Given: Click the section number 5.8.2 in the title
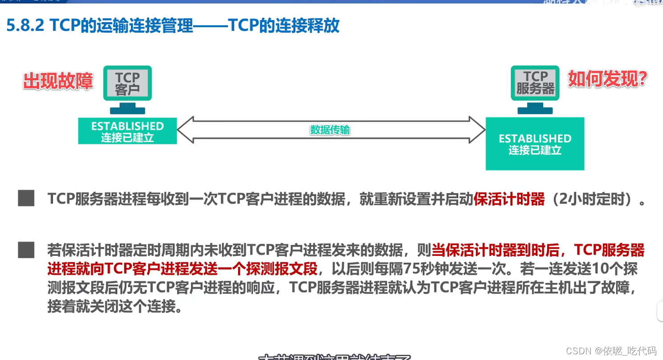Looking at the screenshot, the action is click(25, 26).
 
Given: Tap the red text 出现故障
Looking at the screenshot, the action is click(58, 81).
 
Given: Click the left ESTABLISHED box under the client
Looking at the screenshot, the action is click(127, 131).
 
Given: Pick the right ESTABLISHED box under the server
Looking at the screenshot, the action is click(535, 144).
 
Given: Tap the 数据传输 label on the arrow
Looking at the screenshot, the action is click(330, 130).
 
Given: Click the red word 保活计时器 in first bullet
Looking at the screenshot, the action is click(509, 199).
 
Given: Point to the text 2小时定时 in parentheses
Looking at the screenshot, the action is click(593, 199).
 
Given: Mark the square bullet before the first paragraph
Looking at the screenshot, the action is click(26, 198).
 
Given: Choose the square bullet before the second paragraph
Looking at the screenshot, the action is click(26, 250).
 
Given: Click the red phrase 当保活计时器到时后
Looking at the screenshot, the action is click(496, 251).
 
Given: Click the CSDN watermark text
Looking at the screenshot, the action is click(578, 351).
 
